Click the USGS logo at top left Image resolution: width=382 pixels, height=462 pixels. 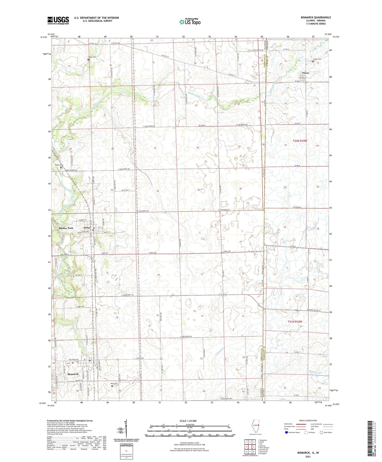58,20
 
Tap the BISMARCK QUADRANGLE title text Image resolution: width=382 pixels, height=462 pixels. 316,17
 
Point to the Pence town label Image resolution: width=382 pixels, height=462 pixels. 306,73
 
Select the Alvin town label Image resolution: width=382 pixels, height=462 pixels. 87,228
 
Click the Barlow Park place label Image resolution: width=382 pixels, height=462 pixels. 66,228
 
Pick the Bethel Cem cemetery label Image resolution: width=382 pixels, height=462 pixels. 59,165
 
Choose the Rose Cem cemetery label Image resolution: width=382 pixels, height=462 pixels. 114,383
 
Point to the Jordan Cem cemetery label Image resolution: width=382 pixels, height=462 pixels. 317,59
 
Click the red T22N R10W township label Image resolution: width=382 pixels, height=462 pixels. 300,141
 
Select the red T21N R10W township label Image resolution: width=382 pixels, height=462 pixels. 295,321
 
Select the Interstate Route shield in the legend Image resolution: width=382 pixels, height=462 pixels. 287,432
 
